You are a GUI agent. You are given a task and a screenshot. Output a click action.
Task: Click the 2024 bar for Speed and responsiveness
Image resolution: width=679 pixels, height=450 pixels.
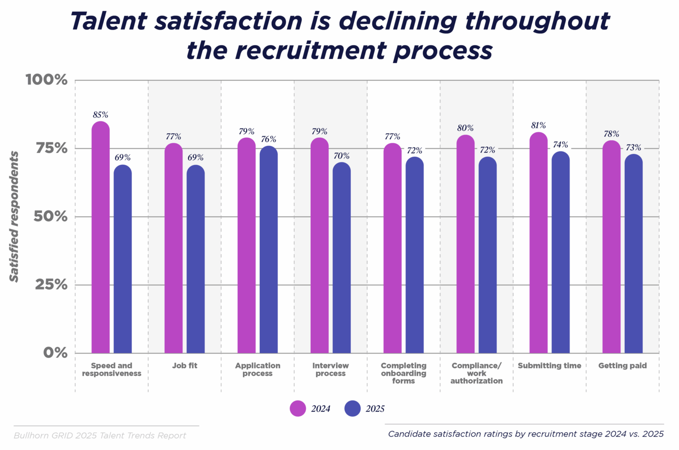(100, 238)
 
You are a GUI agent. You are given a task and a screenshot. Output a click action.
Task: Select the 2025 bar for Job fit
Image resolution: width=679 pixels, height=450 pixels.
(196, 259)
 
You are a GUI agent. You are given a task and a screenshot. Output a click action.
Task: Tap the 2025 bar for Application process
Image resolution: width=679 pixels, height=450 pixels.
(268, 249)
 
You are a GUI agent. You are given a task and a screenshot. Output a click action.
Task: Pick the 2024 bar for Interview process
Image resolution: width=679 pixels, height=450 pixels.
(319, 245)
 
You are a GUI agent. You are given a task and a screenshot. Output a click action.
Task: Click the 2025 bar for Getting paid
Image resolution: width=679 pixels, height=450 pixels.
(633, 254)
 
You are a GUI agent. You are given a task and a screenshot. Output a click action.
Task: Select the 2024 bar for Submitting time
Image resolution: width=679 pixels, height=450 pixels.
(538, 242)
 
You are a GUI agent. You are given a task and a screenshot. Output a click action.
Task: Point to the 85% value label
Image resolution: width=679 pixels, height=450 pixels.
(100, 115)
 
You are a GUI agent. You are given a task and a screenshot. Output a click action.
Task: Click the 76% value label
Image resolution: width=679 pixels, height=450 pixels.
(268, 139)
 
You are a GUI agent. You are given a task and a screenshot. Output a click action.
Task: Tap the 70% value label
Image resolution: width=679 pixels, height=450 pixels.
(341, 156)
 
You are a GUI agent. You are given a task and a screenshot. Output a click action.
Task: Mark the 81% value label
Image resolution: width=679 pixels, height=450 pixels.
(538, 126)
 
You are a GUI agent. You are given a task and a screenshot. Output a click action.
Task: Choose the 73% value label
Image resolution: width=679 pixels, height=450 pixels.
(633, 148)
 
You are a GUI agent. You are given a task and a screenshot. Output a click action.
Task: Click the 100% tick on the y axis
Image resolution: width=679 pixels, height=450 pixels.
(46, 80)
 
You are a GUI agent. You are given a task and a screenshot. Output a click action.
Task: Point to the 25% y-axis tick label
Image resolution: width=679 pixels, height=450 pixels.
(51, 285)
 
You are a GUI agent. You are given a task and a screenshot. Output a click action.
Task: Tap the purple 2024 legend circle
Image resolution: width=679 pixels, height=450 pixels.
(298, 409)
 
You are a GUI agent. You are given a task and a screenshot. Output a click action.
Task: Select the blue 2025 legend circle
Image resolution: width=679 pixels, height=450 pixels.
(353, 409)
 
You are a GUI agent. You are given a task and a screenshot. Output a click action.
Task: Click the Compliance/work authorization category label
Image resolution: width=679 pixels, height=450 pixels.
(476, 373)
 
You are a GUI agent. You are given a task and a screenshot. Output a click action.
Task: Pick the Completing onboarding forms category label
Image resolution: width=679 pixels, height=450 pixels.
(404, 373)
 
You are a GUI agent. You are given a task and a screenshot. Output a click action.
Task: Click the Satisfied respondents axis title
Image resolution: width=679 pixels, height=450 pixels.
(15, 217)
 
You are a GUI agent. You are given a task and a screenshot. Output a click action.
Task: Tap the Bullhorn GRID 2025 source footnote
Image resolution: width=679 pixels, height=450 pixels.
(100, 436)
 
